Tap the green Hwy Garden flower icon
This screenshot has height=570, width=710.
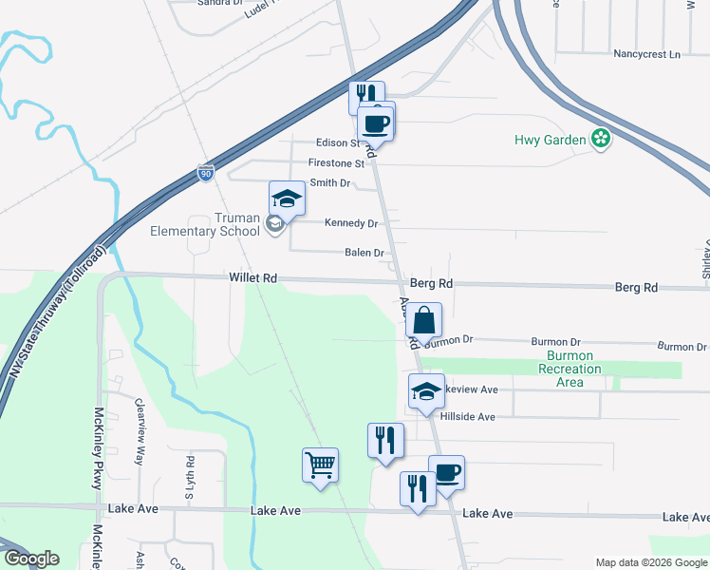point(600,140)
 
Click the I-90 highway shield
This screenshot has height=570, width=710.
point(206,173)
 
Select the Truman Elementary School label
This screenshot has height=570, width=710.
point(205,224)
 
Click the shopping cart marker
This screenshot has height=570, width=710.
point(321,465)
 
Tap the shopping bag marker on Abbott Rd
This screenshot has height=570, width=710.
point(424,320)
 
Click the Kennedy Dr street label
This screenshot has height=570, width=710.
point(351,223)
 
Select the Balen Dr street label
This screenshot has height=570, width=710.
point(364,254)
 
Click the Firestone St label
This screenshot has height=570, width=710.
point(336,163)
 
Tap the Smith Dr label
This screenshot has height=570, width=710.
point(330,182)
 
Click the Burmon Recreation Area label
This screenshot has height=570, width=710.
point(570,369)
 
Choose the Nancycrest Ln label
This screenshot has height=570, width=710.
point(646,54)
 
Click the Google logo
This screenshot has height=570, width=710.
point(31,559)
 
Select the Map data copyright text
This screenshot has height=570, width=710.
point(650,562)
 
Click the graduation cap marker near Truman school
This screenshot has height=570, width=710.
point(287,199)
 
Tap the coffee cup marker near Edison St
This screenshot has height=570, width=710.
point(375,122)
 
